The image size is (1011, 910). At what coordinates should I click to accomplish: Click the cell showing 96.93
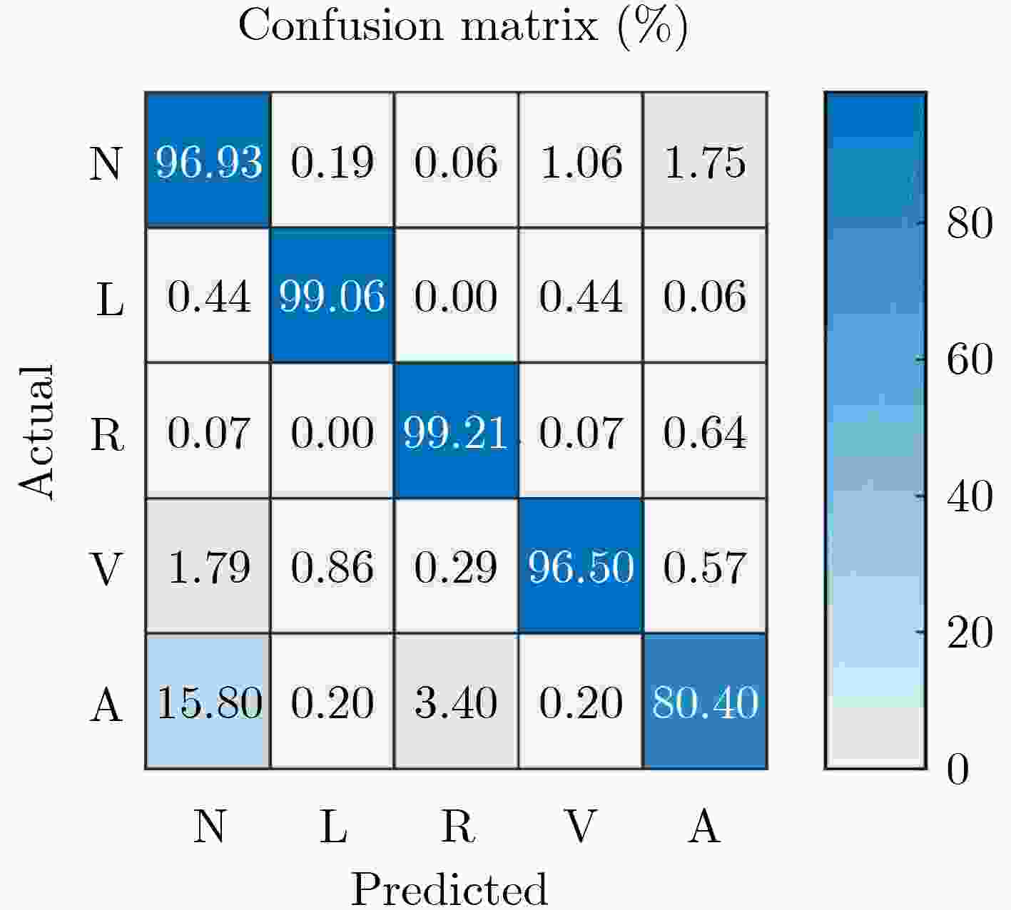point(208,161)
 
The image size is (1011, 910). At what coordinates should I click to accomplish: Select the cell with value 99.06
point(332,296)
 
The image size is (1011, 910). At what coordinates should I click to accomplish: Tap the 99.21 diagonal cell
point(456,432)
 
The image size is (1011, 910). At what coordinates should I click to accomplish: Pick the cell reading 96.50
point(581,567)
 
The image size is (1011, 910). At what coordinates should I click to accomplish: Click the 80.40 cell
point(705,702)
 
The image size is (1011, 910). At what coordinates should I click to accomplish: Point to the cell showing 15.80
point(208,702)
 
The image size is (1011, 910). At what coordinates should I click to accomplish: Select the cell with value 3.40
point(456,702)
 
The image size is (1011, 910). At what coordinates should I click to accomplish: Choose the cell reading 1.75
point(705,161)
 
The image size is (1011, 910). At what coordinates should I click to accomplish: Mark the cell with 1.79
point(208,567)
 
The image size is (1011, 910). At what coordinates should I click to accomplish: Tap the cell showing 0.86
point(332,567)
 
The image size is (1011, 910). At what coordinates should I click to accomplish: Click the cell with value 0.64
point(705,432)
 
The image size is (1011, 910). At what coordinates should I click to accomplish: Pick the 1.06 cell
point(581,161)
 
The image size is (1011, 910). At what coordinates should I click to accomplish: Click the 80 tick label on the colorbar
point(970,223)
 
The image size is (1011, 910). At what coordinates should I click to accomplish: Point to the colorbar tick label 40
point(970,496)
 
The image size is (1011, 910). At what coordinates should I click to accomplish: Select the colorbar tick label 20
point(970,632)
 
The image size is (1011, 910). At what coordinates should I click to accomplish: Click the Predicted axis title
point(449,889)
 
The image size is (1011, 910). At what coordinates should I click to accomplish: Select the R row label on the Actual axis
point(107,434)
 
